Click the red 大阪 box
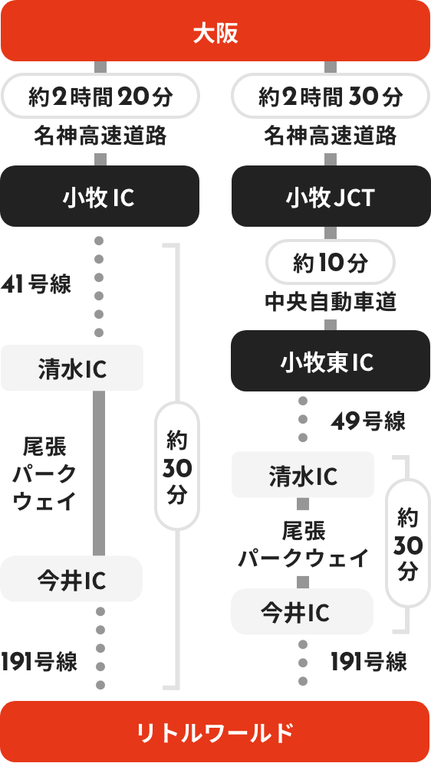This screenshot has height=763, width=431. click(x=215, y=33)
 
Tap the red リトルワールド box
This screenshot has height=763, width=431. click(x=215, y=732)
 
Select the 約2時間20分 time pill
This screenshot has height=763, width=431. click(x=100, y=97)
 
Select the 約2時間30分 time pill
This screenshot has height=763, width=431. click(x=331, y=97)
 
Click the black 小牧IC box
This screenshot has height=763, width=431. click(x=100, y=197)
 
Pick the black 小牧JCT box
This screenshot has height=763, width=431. click(x=331, y=197)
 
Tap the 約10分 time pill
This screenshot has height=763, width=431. click(x=331, y=264)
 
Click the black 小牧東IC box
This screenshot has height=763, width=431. click(x=331, y=362)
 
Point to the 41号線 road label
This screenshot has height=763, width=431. click(x=36, y=285)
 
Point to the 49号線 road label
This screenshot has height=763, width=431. click(x=368, y=421)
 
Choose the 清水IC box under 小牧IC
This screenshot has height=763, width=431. click(x=72, y=368)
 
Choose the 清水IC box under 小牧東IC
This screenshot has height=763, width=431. click(x=303, y=476)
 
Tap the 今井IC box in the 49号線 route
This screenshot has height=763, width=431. click(x=302, y=611)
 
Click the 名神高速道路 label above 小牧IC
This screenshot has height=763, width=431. click(x=100, y=137)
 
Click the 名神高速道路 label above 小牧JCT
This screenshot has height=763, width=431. click(x=331, y=137)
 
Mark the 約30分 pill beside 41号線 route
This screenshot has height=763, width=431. click(x=177, y=467)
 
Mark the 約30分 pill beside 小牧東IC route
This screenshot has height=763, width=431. click(x=407, y=543)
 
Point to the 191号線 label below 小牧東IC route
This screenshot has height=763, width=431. click(x=369, y=661)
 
